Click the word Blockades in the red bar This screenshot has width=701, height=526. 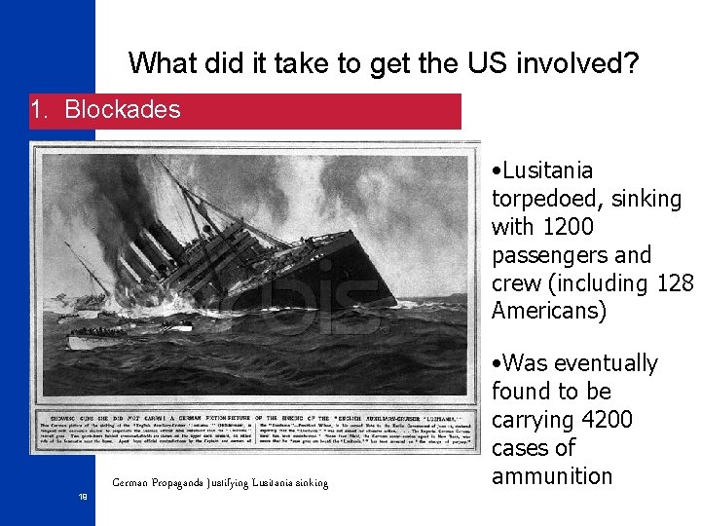tap(123, 109)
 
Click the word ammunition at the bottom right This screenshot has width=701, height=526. tap(552, 476)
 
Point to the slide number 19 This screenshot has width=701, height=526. tap(84, 497)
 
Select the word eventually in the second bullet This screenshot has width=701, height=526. tap(609, 363)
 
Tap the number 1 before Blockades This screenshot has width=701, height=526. tap(39, 109)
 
